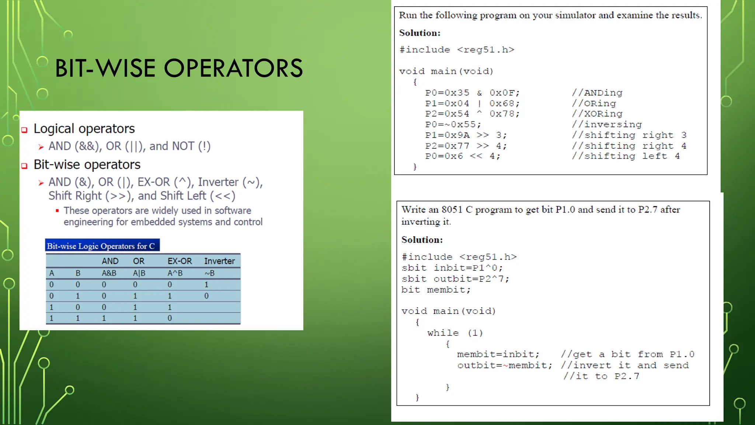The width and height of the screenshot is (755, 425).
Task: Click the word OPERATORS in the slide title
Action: tap(233, 69)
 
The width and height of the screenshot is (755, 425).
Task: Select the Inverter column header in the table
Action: tap(219, 261)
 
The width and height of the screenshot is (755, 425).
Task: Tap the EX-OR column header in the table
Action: tap(180, 261)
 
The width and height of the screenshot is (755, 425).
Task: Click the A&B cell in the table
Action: tap(109, 273)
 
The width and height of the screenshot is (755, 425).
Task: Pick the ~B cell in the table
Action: tap(209, 273)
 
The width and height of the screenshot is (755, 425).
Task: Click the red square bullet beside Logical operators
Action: tap(24, 130)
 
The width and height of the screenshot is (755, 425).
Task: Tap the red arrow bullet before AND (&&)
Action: tap(41, 147)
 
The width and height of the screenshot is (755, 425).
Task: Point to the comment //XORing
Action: tap(597, 114)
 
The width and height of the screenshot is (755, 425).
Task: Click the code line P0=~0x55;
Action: tap(453, 125)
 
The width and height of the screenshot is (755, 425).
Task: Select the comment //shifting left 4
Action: tap(625, 156)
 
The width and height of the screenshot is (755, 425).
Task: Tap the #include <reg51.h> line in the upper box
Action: tap(456, 50)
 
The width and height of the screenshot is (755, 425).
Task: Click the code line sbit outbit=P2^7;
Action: tap(455, 279)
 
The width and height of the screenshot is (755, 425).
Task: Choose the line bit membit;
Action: tap(436, 290)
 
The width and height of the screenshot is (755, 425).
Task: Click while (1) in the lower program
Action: tap(455, 333)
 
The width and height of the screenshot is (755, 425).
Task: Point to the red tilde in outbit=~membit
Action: tap(505, 366)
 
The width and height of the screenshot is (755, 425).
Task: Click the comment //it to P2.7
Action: tap(601, 376)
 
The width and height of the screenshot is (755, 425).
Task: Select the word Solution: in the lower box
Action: tap(422, 240)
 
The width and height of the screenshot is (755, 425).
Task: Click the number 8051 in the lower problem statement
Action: tap(452, 210)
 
